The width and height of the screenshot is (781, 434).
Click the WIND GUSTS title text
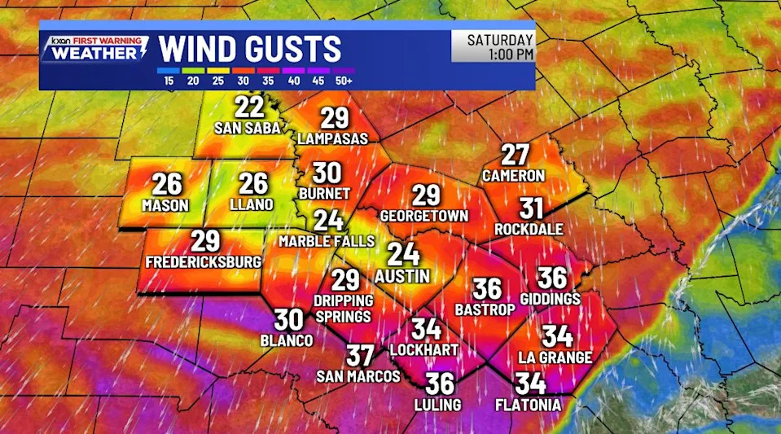coord(250,49)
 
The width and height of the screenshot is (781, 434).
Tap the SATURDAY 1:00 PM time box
coord(493,46)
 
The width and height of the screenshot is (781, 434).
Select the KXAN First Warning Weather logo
coord(97,48)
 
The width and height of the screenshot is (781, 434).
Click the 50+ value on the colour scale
coord(344,81)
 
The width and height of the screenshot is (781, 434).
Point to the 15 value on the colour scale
coord(169,81)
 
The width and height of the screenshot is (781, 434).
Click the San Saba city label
coord(248,128)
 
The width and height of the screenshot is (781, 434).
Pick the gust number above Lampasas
coord(333,118)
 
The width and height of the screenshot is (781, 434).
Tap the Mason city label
coord(165,205)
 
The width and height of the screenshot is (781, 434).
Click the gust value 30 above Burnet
coord(327,173)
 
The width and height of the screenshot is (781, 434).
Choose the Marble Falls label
coord(327,241)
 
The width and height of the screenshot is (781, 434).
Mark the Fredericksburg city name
coord(204,262)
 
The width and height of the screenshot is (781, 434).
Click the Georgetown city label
coord(424,216)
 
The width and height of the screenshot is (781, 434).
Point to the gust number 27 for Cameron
coord(515,154)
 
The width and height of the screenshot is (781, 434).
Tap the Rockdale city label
coord(529,230)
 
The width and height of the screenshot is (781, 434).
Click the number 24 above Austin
coord(402,254)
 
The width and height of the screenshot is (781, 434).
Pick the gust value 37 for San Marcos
coord(359,355)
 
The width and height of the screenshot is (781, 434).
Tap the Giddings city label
coord(550,300)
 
